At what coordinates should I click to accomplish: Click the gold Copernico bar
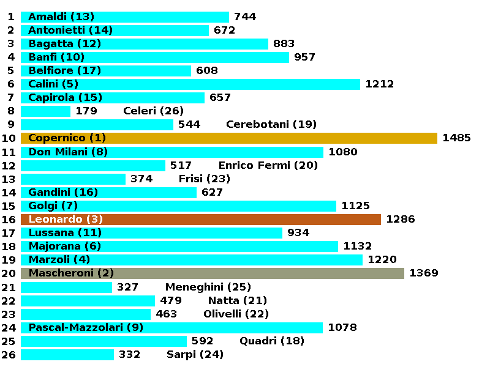tap(228, 138)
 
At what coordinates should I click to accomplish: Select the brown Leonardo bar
tap(200, 220)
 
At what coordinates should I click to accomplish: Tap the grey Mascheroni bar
tap(212, 273)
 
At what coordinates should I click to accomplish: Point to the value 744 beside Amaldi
tap(245, 17)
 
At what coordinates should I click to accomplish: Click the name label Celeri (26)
tap(153, 111)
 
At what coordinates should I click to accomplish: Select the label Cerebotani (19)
tap(271, 125)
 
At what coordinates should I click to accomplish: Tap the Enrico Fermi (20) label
tap(268, 165)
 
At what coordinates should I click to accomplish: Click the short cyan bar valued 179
tap(45, 111)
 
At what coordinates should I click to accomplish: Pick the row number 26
tap(9, 355)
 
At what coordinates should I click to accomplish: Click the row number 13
tap(9, 179)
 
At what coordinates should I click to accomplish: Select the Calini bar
tap(190, 84)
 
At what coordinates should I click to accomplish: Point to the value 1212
tap(379, 84)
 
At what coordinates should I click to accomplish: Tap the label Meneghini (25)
tap(208, 287)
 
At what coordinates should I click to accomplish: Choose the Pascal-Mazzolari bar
tap(171, 328)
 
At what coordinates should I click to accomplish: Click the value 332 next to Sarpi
tap(129, 355)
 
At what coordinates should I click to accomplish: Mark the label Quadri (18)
tap(271, 341)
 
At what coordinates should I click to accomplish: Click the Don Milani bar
tap(171, 152)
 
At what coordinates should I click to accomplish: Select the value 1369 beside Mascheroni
tap(424, 273)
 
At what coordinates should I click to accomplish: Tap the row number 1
tap(11, 17)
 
